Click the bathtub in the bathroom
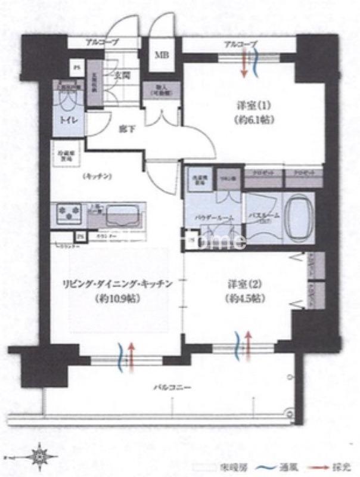(296, 219)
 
